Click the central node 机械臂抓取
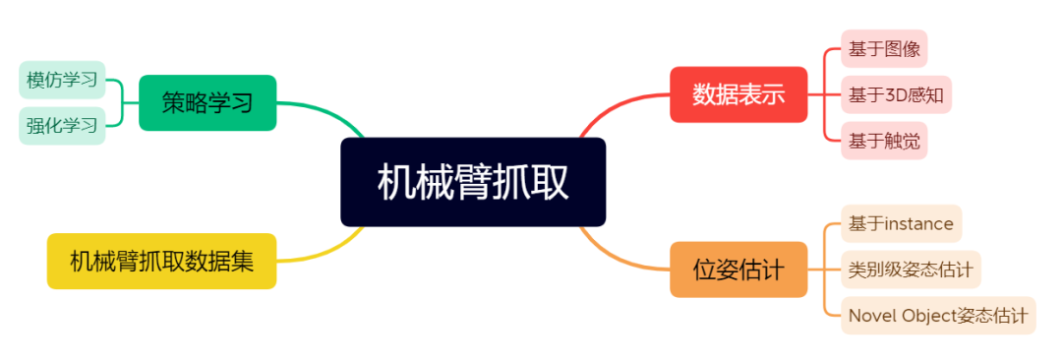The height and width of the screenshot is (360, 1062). click(473, 182)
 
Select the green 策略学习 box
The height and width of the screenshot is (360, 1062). click(207, 102)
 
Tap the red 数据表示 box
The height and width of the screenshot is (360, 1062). click(738, 94)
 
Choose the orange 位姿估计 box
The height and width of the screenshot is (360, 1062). click(738, 269)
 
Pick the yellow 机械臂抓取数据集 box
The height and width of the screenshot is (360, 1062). click(161, 261)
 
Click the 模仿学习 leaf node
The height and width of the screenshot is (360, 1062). click(62, 80)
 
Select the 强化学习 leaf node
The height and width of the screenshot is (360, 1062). click(62, 125)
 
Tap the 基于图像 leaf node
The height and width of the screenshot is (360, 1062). click(884, 48)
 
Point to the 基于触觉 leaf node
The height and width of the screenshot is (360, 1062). click(884, 141)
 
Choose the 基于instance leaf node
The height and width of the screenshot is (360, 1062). click(901, 223)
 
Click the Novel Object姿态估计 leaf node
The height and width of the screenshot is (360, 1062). click(938, 316)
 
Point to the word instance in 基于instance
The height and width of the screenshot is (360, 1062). click(919, 223)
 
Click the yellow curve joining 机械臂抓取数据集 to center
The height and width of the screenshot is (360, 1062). click(324, 252)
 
